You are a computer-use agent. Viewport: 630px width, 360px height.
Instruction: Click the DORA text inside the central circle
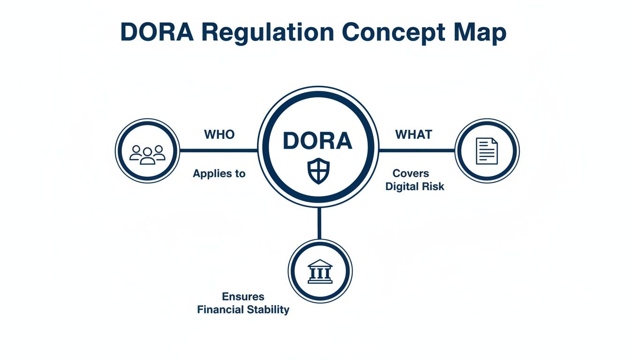click(x=318, y=141)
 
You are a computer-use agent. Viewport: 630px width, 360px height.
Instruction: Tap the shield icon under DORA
click(x=318, y=171)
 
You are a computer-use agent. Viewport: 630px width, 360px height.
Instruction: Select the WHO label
click(x=219, y=135)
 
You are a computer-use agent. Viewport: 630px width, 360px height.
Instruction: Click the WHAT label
click(x=413, y=135)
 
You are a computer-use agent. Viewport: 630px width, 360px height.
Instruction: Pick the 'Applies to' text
click(x=219, y=173)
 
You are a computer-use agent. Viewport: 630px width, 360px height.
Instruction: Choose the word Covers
click(x=411, y=173)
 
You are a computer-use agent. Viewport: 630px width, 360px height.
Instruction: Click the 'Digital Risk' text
click(x=414, y=186)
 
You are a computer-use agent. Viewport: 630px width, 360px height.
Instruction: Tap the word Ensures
click(x=243, y=297)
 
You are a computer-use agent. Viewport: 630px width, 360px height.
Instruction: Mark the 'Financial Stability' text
click(x=243, y=309)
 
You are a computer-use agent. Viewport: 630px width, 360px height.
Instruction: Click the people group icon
click(x=148, y=154)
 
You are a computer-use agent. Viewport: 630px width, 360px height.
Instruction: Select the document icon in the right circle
click(x=487, y=150)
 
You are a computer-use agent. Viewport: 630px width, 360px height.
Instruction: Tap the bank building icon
click(x=320, y=271)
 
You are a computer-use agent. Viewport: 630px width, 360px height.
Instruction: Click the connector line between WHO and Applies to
click(x=219, y=150)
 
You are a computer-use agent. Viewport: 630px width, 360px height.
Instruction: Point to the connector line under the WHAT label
click(x=416, y=150)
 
